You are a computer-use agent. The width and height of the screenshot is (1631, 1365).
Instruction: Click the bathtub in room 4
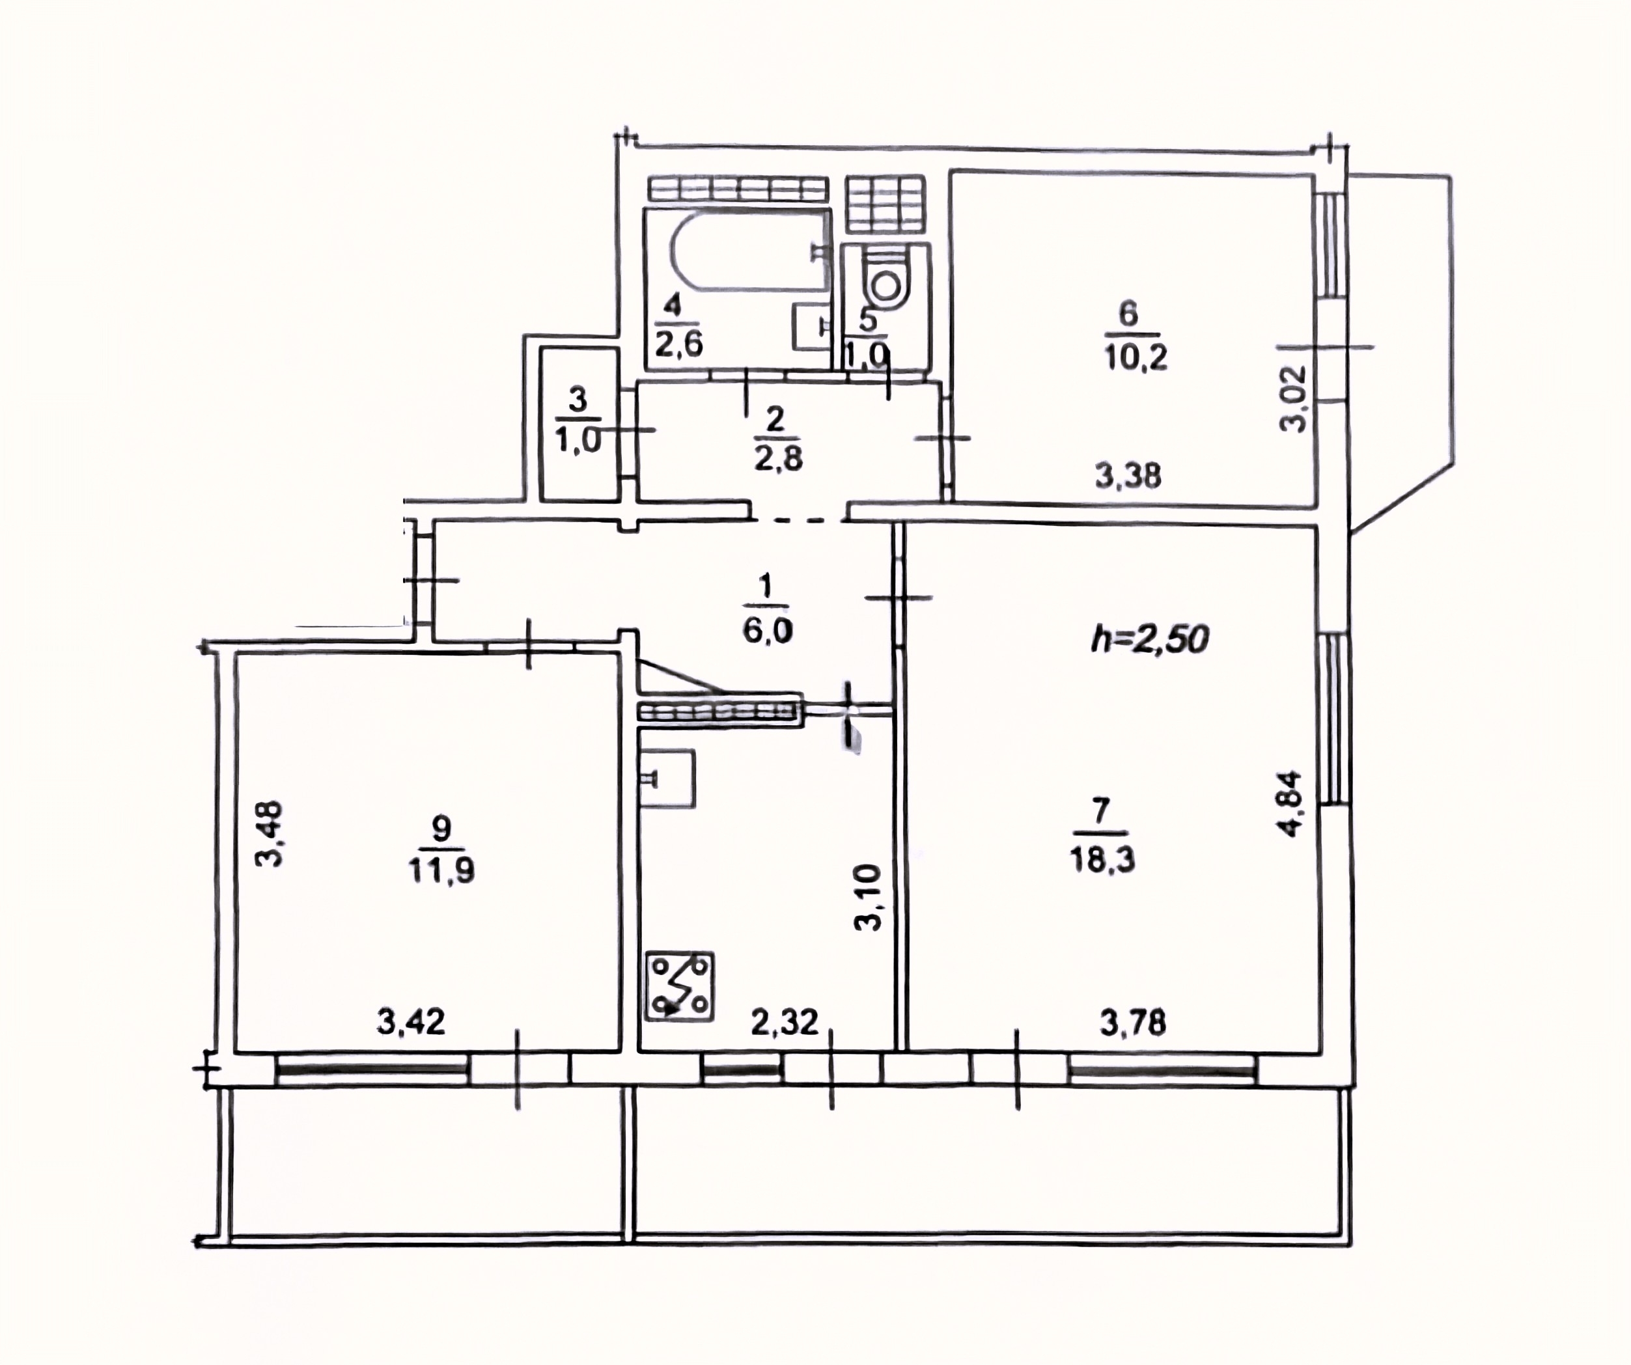pos(742,251)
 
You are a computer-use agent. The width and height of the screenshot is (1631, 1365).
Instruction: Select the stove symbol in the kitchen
pos(680,986)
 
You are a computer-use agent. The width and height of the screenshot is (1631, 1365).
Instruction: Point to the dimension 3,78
pos(1132,1023)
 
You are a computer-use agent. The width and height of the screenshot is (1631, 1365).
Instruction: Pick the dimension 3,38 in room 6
pos(1128,475)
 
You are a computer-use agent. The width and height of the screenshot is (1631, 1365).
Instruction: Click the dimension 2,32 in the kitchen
pos(785,1023)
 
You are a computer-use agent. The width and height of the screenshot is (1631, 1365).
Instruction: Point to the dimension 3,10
pos(869,898)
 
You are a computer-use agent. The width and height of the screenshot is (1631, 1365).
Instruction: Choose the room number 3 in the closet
pos(579,402)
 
